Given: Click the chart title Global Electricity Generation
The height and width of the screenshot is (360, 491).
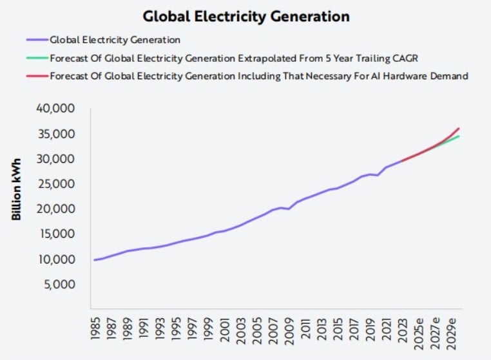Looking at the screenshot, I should [246, 15].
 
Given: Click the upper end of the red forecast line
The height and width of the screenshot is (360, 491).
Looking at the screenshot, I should [458, 128].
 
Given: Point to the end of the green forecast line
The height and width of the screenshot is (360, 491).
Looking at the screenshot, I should [458, 136].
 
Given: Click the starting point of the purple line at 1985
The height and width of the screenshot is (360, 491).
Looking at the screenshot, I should [94, 260].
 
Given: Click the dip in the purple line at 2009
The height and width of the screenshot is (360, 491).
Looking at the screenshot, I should [288, 209].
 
